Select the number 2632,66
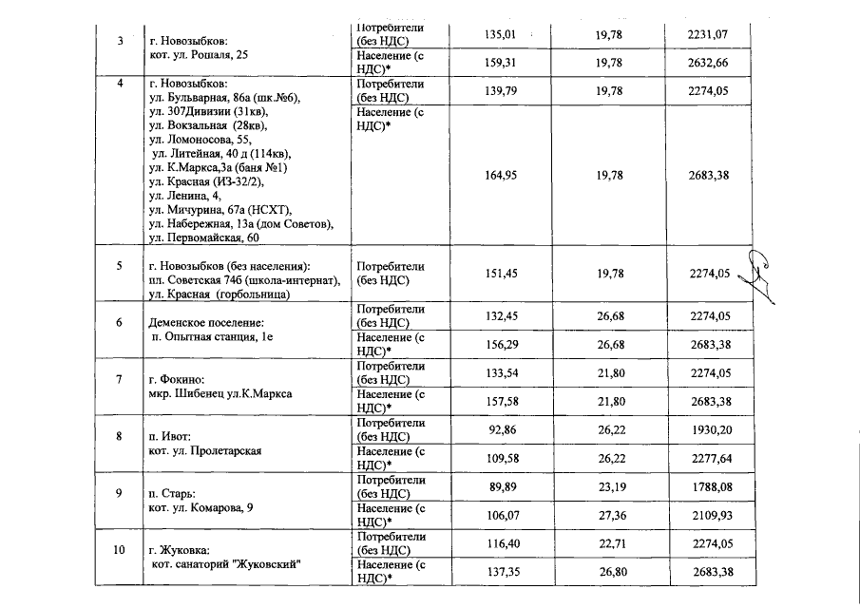(x=707, y=64)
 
